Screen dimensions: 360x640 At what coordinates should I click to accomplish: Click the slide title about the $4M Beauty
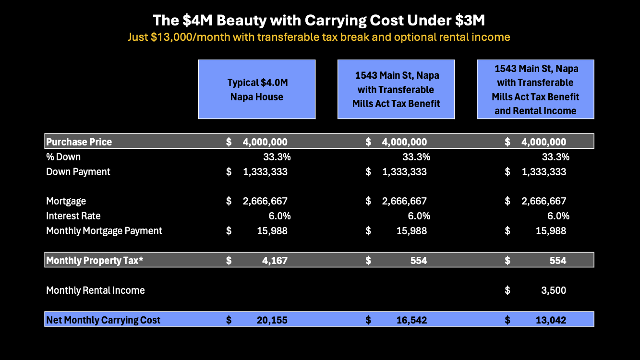[319, 21]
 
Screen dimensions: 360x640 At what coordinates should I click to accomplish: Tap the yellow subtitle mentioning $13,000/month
[319, 37]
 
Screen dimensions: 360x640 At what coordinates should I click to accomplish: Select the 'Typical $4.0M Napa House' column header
[257, 89]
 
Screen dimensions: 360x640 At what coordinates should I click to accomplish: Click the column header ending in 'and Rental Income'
[535, 89]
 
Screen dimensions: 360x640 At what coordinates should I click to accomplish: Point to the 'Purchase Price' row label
[79, 142]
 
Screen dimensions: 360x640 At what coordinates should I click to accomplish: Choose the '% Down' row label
[63, 157]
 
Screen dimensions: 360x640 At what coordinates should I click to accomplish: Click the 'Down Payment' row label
[78, 172]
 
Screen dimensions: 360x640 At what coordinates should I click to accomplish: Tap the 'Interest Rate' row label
[73, 216]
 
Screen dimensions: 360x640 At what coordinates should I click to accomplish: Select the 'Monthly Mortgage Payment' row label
[104, 231]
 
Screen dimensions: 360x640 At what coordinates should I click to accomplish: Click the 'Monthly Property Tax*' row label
[95, 261]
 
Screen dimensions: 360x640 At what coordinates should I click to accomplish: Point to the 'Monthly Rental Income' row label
[96, 290]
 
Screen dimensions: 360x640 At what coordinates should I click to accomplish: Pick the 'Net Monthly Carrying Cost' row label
[103, 320]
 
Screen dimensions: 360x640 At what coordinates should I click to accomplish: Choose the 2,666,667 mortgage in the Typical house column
[265, 201]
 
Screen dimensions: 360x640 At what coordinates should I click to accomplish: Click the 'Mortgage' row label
[66, 201]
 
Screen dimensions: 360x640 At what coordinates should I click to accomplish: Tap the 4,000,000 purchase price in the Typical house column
[265, 142]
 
